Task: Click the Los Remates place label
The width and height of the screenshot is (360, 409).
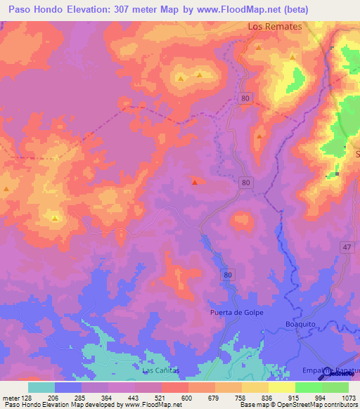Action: (x=275, y=26)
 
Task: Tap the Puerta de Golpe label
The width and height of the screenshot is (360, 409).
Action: (x=236, y=312)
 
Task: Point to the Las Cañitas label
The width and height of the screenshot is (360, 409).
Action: (x=161, y=370)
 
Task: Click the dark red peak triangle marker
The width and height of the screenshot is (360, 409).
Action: (x=195, y=183)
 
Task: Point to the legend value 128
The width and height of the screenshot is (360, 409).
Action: (x=32, y=397)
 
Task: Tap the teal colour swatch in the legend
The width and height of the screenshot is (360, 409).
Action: (x=41, y=387)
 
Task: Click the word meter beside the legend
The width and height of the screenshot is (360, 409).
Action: (x=12, y=397)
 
